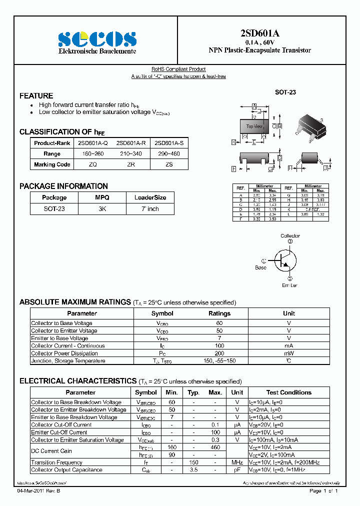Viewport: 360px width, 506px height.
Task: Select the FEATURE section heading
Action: (36, 95)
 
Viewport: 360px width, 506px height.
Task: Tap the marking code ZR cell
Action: (131, 164)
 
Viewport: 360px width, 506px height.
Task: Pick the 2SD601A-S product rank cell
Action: (169, 143)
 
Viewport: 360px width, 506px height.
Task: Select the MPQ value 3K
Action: (102, 208)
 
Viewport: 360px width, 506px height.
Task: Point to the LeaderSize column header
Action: (150, 197)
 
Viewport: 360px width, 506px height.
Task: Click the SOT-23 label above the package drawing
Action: (285, 92)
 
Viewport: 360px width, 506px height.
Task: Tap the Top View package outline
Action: (254, 126)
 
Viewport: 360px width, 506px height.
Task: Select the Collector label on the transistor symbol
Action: (290, 235)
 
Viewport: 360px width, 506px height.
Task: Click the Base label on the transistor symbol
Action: (260, 267)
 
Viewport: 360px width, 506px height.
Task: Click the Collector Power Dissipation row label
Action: (68, 353)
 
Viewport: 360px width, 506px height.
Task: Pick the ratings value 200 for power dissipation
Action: (219, 353)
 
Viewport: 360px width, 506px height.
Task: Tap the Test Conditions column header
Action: (288, 392)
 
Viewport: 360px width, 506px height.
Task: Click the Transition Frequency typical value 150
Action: (193, 462)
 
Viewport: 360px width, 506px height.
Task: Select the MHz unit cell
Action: (237, 462)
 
